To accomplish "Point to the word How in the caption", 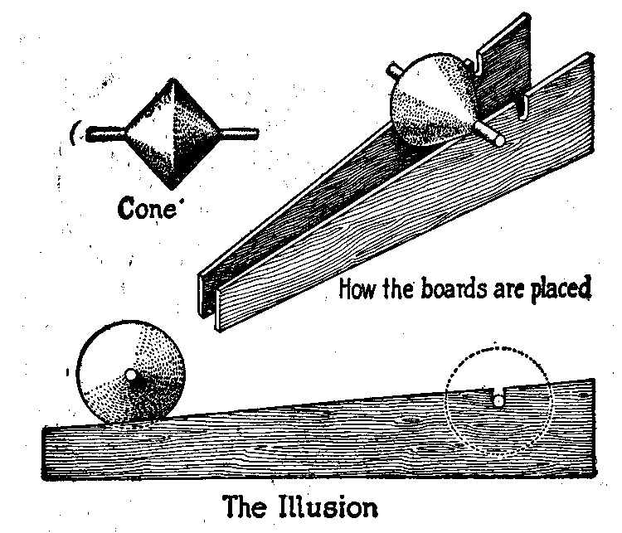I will click(357, 290).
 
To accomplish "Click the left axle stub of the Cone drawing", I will click(104, 131).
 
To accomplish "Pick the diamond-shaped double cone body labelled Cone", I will click(172, 131).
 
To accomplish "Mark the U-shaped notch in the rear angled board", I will click(480, 61).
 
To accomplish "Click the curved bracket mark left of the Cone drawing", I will click(75, 131).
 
